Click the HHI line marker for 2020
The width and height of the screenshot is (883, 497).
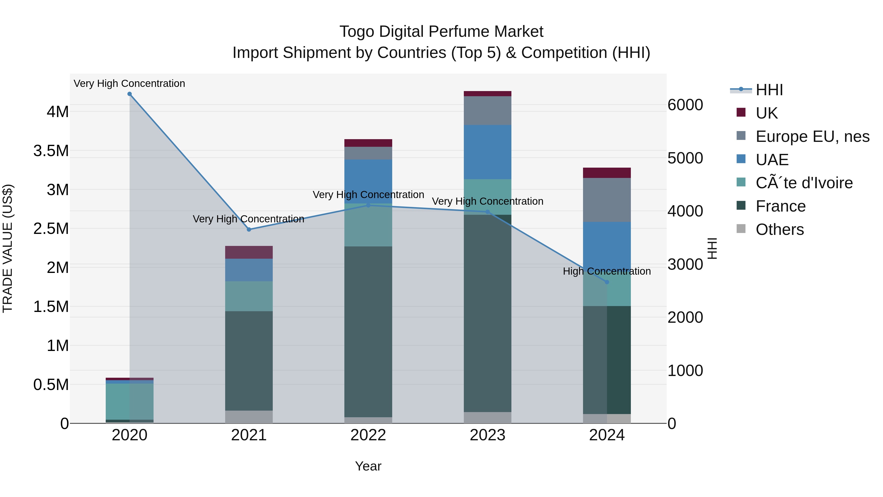click(x=130, y=94)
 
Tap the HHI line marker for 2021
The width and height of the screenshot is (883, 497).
click(x=249, y=229)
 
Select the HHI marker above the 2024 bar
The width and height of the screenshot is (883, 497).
click(x=607, y=282)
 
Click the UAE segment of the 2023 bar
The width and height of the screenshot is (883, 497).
click(x=487, y=152)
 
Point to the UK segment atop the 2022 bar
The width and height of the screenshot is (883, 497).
click(x=368, y=143)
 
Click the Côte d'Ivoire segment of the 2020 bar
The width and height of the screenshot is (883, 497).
click(x=130, y=401)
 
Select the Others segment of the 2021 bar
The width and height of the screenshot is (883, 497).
click(x=249, y=417)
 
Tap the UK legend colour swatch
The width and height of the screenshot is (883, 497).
click(x=741, y=112)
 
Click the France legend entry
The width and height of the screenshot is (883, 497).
click(x=780, y=206)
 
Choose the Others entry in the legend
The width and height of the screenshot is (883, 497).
click(x=779, y=229)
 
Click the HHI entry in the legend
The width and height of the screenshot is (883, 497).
click(x=769, y=90)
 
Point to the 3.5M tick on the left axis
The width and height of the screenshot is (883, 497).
click(x=51, y=151)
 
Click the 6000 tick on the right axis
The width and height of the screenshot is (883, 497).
click(x=685, y=105)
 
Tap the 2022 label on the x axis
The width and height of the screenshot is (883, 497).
click(x=368, y=435)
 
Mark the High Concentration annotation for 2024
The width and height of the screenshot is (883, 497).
click(x=607, y=271)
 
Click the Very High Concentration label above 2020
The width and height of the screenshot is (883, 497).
click(x=130, y=83)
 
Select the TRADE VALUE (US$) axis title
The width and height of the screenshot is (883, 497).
click(x=8, y=248)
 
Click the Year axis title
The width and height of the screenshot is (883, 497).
click(x=368, y=466)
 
